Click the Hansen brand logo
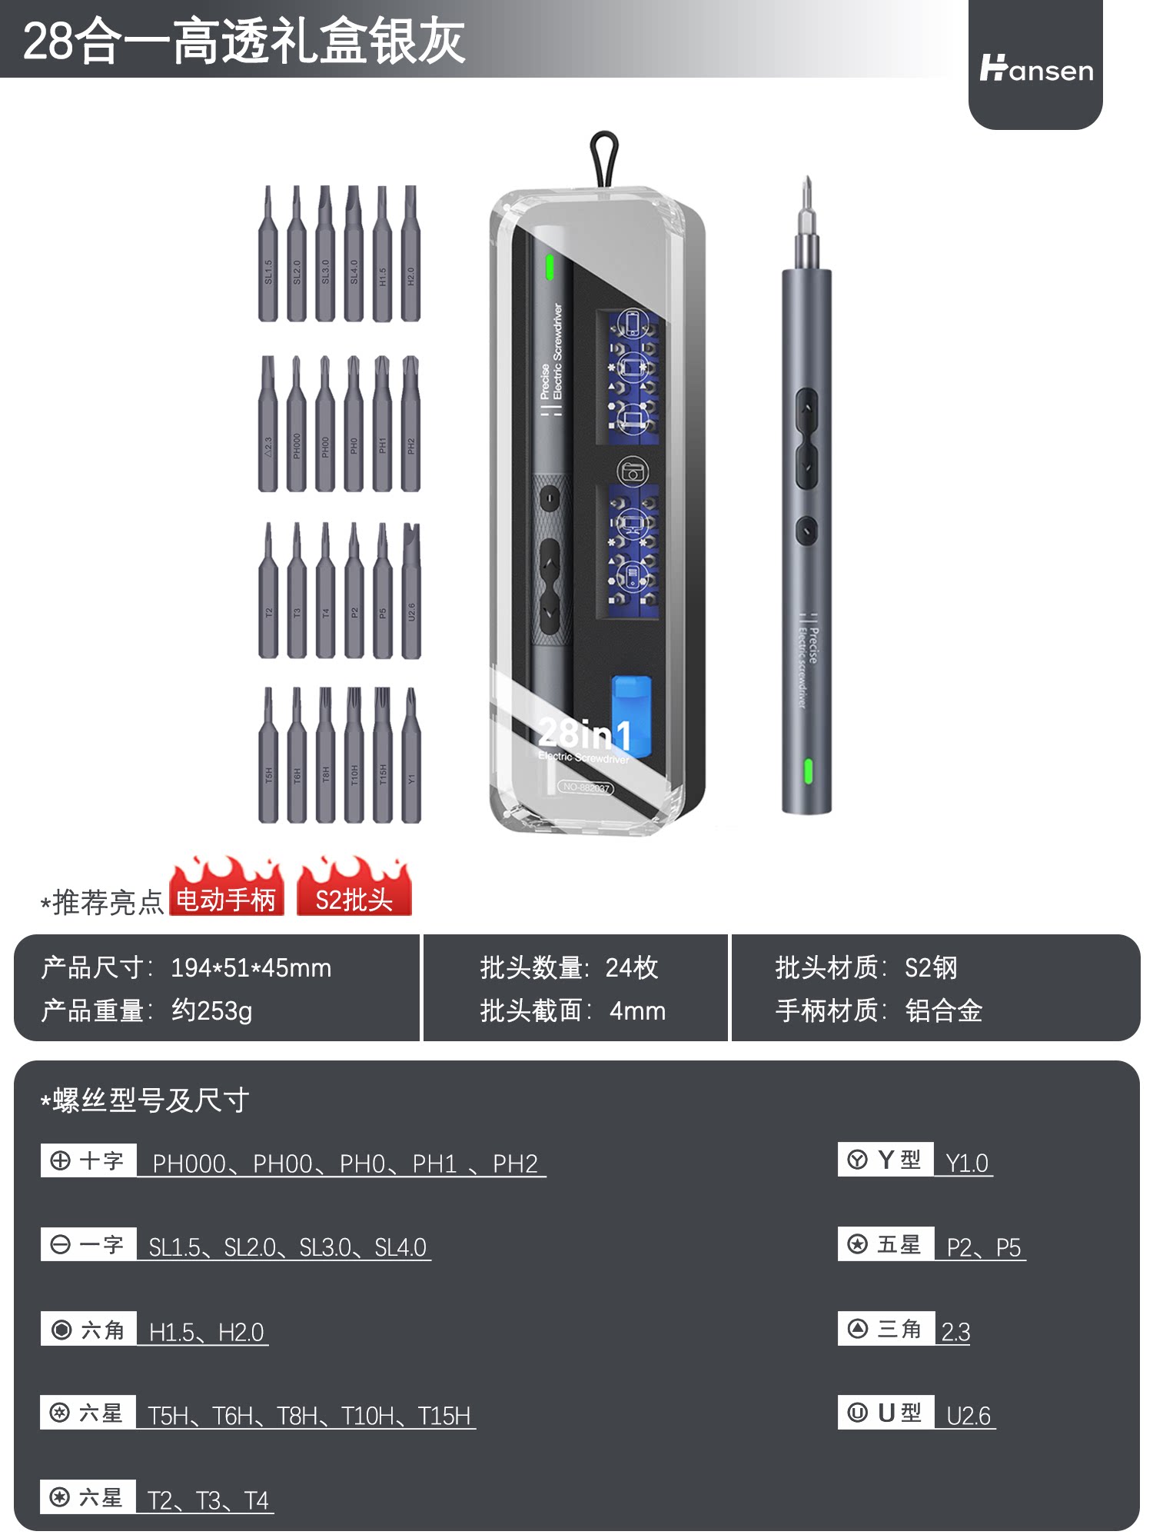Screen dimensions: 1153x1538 [1035, 69]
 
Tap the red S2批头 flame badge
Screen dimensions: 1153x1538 [354, 892]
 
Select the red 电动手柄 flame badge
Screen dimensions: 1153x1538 [226, 892]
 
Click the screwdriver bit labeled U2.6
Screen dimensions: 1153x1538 [411, 592]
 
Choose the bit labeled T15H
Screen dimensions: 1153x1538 [382, 757]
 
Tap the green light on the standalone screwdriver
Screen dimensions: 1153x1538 [808, 771]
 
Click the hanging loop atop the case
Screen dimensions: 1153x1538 [604, 158]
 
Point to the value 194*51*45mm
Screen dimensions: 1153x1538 [251, 968]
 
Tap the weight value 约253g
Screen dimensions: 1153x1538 [211, 1010]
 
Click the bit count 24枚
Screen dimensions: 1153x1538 [631, 968]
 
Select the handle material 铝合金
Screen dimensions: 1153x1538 [943, 1010]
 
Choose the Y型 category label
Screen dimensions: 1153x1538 [886, 1160]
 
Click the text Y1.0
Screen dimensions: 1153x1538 [966, 1163]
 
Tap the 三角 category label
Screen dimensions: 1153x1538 [886, 1329]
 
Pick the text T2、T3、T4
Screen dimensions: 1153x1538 [208, 1500]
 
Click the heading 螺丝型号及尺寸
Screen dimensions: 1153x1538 [150, 1100]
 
